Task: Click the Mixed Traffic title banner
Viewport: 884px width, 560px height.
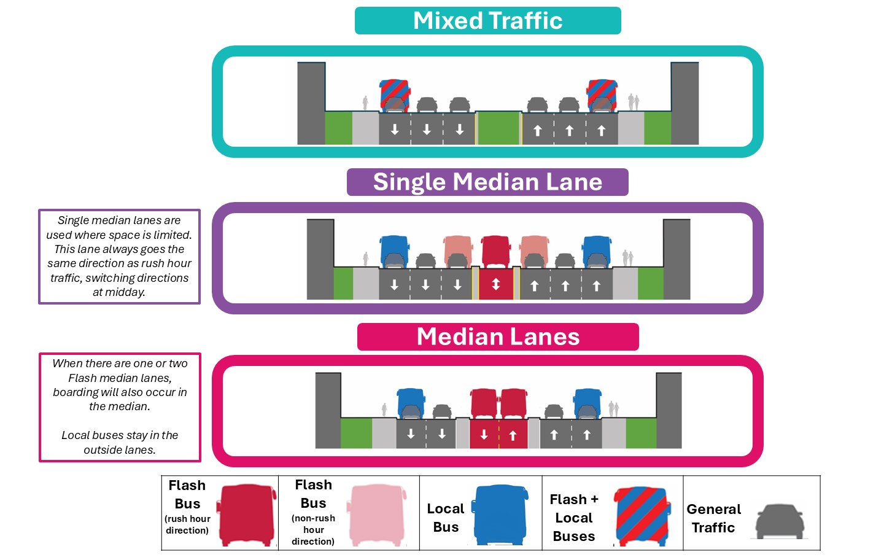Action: point(487,21)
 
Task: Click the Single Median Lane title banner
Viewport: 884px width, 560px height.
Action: point(487,182)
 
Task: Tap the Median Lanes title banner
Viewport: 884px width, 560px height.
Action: point(498,337)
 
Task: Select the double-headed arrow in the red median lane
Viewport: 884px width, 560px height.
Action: point(496,284)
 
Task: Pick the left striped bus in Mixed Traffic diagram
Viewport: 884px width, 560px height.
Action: point(395,95)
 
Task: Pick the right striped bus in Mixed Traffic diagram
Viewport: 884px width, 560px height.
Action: point(602,95)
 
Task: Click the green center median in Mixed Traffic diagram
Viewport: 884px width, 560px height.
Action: point(498,128)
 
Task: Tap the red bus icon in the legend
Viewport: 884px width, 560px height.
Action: point(247,515)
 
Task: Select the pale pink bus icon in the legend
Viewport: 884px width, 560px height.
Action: point(378,515)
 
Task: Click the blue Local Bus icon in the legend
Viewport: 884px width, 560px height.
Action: point(500,515)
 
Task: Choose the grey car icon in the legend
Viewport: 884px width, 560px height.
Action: point(779,521)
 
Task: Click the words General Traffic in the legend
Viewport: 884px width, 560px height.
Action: point(713,518)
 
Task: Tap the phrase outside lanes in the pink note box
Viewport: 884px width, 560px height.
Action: point(120,450)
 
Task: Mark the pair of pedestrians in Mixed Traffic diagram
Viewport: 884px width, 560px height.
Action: point(634,102)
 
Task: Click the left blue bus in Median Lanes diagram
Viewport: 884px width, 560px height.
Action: point(410,403)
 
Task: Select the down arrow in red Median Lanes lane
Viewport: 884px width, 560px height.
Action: point(484,435)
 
